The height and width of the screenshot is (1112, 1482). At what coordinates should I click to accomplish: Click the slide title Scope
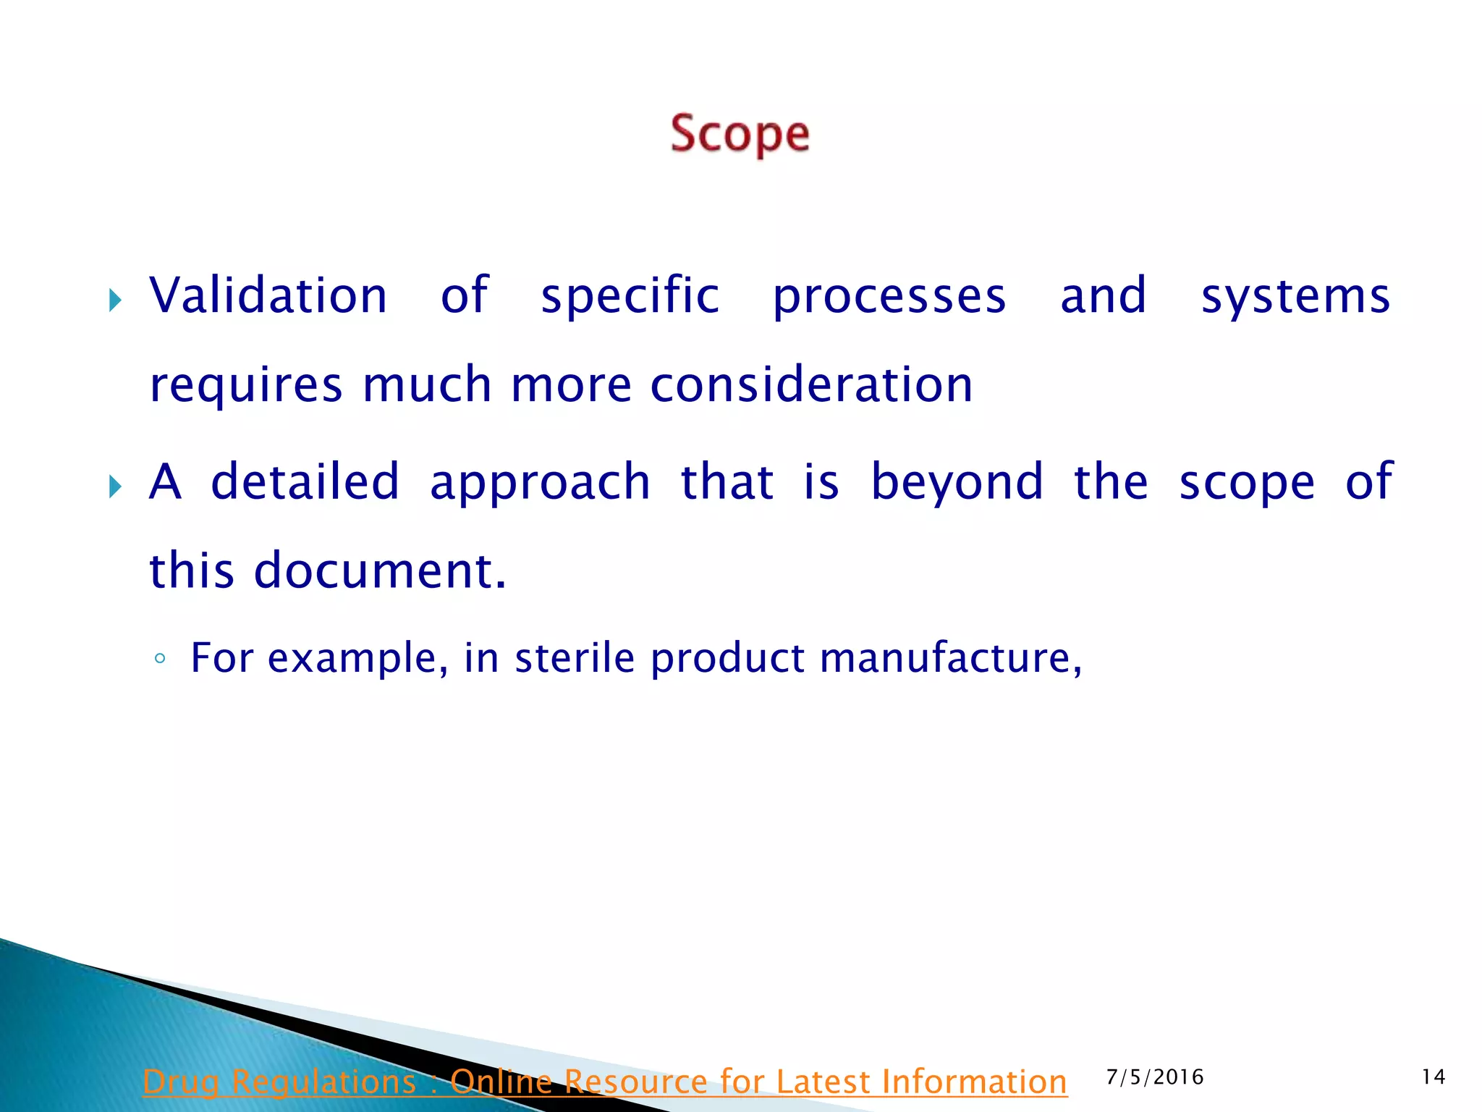(740, 134)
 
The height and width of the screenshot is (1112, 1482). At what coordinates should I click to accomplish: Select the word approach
(541, 482)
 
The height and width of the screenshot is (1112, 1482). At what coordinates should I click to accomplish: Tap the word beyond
(957, 481)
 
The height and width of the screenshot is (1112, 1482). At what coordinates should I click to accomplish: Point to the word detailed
(305, 481)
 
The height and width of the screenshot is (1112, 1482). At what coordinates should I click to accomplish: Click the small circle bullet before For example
(161, 659)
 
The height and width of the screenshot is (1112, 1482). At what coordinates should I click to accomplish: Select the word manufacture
(950, 657)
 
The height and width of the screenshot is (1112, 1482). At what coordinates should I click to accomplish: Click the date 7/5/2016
(1155, 1077)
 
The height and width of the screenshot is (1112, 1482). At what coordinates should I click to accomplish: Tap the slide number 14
(1434, 1077)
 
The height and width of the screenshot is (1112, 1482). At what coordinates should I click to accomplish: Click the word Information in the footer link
(973, 1082)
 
